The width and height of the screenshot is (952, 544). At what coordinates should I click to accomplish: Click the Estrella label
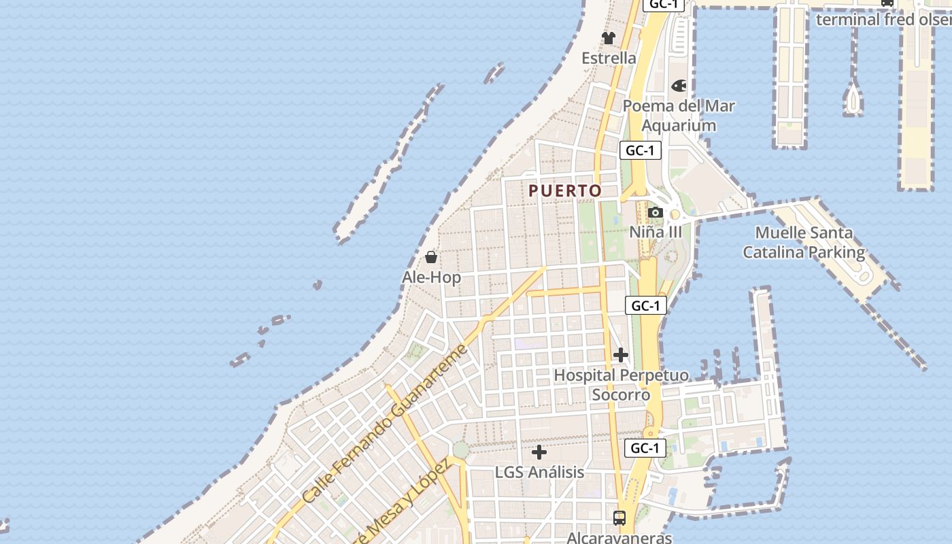(609, 58)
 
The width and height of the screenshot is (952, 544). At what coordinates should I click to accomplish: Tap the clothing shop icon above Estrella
(609, 38)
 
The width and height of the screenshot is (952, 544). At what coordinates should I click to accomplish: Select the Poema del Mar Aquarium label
(679, 116)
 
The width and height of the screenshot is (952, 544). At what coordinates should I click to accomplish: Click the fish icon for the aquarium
(679, 86)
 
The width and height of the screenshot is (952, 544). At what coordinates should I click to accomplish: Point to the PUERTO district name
(566, 191)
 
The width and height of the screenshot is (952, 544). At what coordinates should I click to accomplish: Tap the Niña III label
(655, 232)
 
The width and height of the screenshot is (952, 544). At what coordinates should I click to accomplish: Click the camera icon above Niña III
(656, 212)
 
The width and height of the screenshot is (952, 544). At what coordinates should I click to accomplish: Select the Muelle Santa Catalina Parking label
(804, 243)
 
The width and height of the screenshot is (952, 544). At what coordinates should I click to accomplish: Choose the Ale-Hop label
(431, 277)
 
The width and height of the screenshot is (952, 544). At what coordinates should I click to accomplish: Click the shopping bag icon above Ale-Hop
(431, 257)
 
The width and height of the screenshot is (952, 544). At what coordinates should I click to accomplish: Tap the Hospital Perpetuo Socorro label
(621, 385)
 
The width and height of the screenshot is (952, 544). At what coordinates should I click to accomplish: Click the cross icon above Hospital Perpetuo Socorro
(621, 355)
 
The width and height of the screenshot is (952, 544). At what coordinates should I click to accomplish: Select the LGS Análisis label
(539, 472)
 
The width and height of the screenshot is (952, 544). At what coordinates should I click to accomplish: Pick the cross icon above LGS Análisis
(539, 452)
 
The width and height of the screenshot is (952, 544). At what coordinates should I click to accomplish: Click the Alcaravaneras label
(619, 537)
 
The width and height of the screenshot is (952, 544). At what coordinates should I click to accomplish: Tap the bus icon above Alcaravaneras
(619, 517)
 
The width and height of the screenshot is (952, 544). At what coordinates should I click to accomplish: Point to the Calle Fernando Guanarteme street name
(385, 424)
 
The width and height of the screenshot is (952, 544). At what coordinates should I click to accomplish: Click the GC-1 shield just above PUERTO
(641, 150)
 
